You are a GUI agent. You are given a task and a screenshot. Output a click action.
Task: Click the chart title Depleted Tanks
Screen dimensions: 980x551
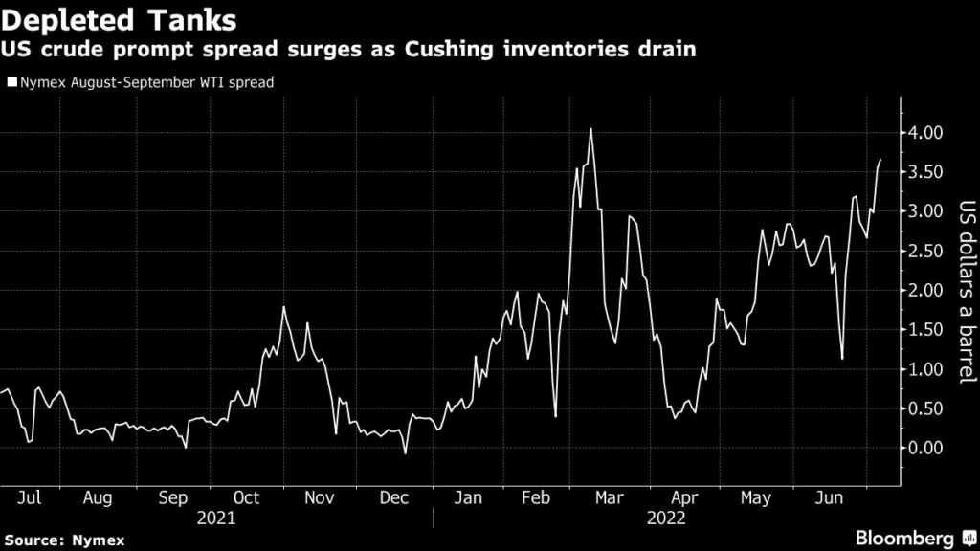[119, 20]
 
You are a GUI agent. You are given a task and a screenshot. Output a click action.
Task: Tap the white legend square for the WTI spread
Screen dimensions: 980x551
[11, 82]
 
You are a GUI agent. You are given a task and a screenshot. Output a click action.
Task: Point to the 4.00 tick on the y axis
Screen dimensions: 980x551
[921, 132]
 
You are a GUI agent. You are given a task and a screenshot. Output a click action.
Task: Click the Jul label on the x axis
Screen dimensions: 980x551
[30, 497]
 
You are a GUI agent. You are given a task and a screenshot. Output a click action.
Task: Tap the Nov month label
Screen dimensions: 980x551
[320, 497]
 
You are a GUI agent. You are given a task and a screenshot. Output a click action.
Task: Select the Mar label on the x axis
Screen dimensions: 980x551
[610, 497]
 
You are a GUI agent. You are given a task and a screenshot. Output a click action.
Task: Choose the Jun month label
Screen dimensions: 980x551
[830, 497]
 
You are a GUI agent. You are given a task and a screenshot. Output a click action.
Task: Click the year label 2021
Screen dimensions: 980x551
[216, 518]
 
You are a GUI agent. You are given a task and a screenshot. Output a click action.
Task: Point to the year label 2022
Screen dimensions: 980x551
[666, 518]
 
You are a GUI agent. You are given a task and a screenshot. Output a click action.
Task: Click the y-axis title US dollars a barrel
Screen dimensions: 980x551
[967, 292]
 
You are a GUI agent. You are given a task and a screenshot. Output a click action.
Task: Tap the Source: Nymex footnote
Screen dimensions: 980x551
[64, 540]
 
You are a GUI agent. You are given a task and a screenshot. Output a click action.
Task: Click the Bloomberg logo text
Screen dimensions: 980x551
[904, 538]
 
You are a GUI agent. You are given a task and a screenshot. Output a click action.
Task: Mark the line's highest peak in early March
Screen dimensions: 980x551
[590, 129]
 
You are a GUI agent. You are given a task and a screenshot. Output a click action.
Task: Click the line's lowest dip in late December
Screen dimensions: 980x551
[405, 452]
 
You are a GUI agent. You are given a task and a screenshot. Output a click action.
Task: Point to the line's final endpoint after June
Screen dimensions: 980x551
[880, 160]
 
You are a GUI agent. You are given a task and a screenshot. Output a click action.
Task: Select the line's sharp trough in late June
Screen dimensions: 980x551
[842, 359]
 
